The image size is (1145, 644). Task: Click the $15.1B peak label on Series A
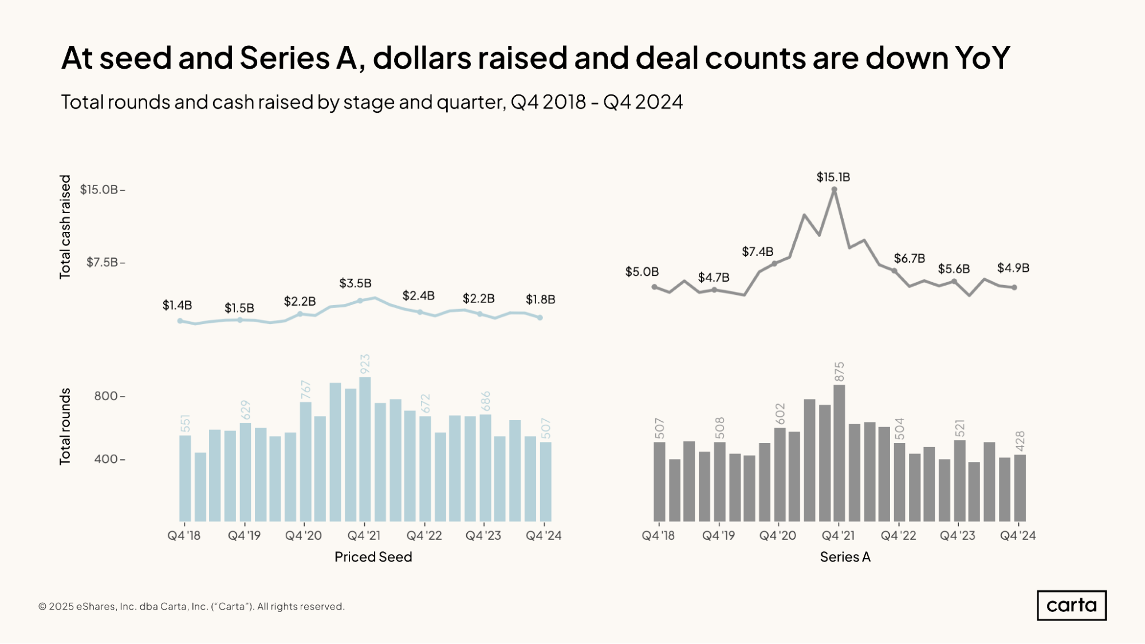(x=833, y=177)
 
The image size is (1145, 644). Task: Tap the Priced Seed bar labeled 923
(x=365, y=449)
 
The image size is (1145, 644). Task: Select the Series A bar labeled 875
(x=839, y=452)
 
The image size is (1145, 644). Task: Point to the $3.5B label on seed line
(x=355, y=283)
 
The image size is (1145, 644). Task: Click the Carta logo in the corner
(x=1071, y=605)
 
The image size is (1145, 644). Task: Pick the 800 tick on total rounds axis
(x=107, y=396)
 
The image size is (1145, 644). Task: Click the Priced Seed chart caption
(x=373, y=557)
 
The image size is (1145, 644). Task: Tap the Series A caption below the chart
(x=845, y=557)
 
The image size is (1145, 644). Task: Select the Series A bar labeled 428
(x=1020, y=488)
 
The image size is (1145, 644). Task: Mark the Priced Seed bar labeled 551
(x=185, y=478)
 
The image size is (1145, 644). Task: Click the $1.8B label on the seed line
(x=540, y=299)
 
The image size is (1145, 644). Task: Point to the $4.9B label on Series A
(x=1013, y=268)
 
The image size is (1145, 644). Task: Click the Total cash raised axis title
(x=65, y=227)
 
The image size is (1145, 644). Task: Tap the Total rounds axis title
(x=65, y=426)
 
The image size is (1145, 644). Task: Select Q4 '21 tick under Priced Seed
(x=364, y=536)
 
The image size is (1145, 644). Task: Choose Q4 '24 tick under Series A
(x=1017, y=536)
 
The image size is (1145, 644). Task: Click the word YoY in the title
(x=982, y=58)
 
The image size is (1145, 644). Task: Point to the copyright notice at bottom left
(x=191, y=606)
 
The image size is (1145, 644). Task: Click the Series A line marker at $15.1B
(x=834, y=189)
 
